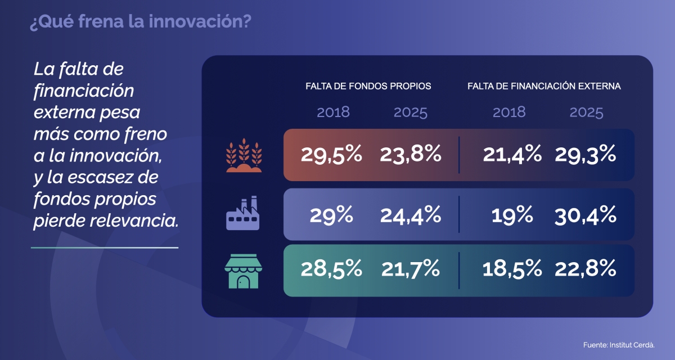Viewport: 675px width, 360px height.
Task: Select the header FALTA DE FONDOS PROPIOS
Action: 368,87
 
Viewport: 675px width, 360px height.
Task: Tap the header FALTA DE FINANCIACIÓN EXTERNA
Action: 544,87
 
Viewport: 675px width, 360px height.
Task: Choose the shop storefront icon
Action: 243,271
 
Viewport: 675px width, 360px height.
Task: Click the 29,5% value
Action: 331,155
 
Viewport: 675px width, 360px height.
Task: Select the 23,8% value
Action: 410,155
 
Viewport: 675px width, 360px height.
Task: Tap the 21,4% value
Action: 512,155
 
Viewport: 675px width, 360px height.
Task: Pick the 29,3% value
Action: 586,155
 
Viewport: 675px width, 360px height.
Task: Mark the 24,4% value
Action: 410,214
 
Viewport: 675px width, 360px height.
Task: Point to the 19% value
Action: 512,214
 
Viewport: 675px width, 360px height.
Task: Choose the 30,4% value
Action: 586,214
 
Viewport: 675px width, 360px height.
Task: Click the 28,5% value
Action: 331,269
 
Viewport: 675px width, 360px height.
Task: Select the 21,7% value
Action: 410,269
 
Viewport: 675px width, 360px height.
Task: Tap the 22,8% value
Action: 586,269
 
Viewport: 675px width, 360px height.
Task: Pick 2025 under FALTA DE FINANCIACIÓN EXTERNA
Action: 586,112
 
